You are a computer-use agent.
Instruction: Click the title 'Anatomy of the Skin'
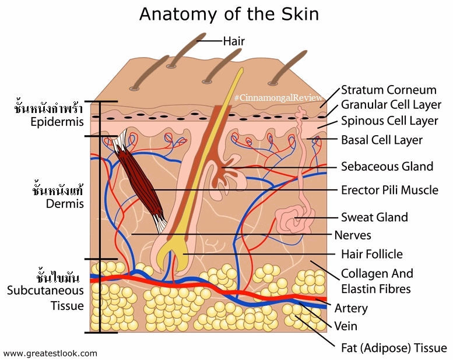229,14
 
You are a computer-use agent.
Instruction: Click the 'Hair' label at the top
234,41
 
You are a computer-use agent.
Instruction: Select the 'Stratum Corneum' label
388,90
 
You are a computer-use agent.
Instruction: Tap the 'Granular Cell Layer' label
391,105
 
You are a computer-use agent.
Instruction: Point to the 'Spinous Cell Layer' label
389,121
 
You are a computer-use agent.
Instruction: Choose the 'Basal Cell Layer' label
382,140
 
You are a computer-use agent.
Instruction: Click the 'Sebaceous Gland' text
387,167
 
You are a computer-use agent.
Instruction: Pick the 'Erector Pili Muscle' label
389,190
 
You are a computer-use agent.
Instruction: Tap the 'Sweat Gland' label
374,217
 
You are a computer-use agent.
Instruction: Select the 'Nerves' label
353,235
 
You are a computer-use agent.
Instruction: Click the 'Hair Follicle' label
372,255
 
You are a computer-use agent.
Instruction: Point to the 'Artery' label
351,309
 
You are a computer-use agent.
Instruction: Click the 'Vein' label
346,326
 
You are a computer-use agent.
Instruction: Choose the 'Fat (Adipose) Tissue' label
394,348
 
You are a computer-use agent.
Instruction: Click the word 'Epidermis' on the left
57,122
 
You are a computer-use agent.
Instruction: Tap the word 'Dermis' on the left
65,204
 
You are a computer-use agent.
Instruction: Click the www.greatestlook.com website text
50,354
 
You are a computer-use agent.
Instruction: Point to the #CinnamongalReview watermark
278,98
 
